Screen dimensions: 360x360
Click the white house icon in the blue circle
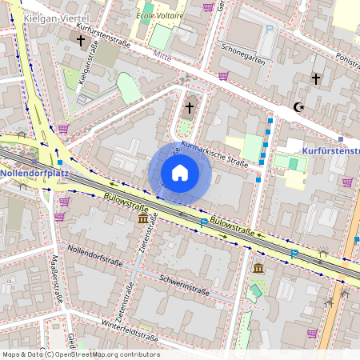coord(180,172)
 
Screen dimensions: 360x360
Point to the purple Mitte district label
coord(162,58)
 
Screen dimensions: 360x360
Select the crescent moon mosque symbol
coord(299,106)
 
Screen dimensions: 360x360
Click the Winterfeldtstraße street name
coord(131,326)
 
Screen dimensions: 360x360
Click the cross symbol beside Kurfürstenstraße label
coord(80,39)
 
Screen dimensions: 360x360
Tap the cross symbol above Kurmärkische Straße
coord(190,106)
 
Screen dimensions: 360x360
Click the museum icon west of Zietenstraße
coord(142,218)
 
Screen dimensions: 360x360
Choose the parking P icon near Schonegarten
coord(270,29)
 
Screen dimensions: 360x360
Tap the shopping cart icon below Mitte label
coord(223,76)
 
